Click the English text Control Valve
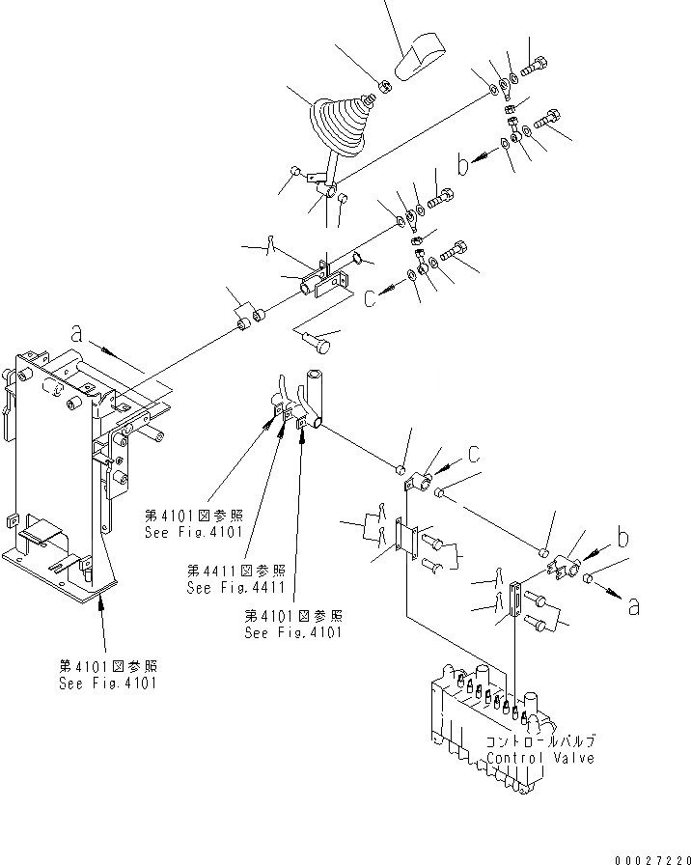coord(540,758)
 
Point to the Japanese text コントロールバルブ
coord(540,741)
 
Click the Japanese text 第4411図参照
coord(227,572)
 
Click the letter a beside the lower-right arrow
coord(633,606)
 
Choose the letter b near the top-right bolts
coord(464,165)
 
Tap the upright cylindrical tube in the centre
coord(317,391)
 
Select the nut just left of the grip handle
coord(382,86)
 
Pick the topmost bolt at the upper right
coord(537,68)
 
